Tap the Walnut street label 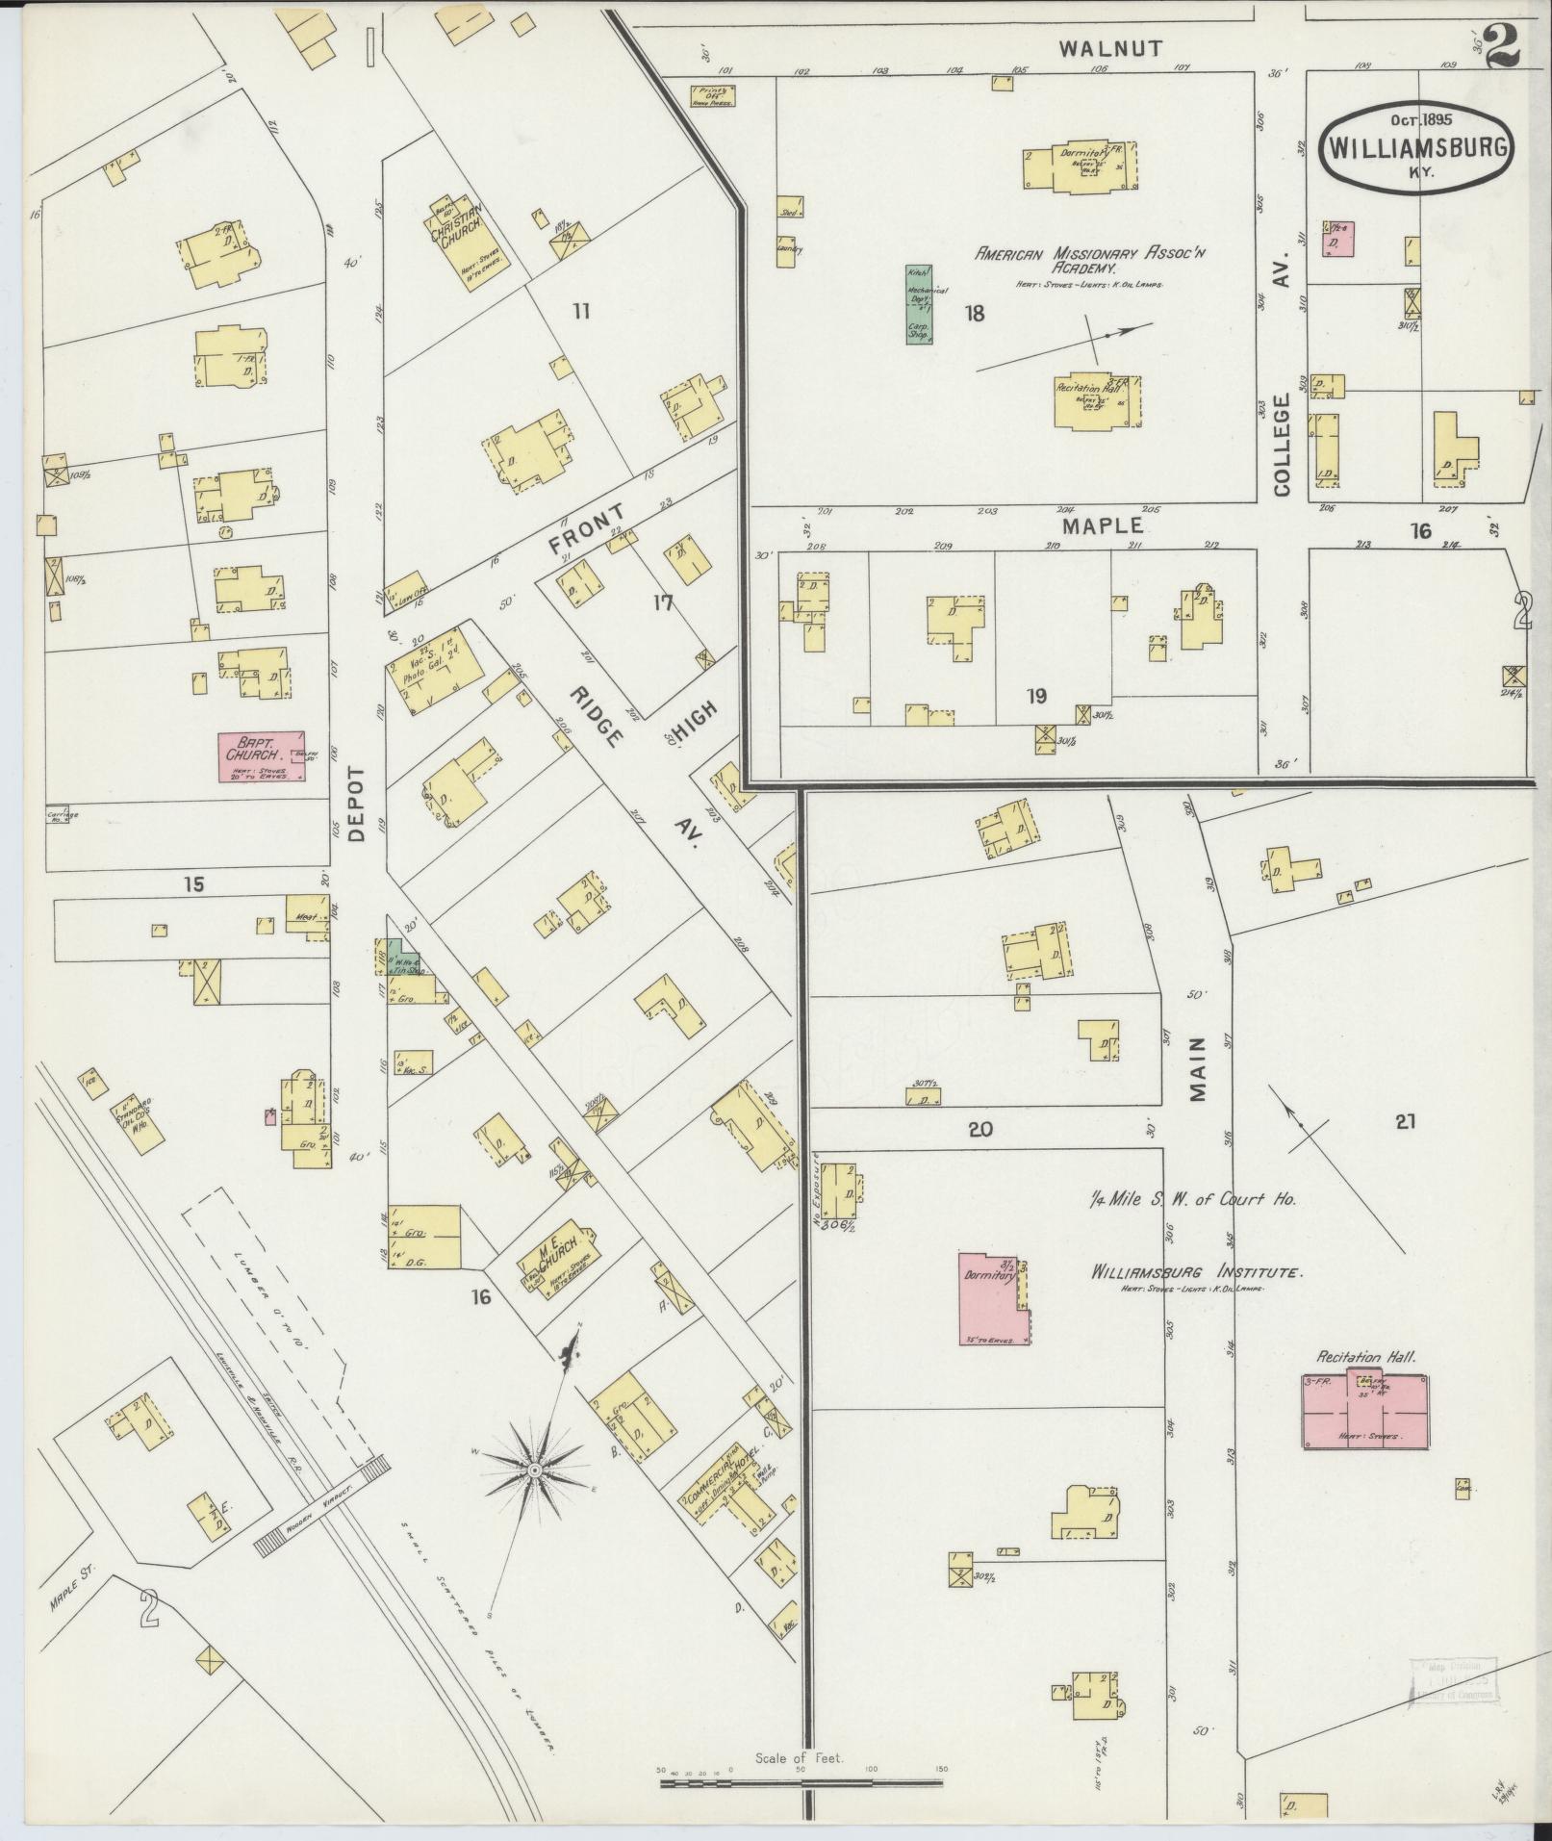tap(1111, 48)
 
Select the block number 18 tap(975, 313)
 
